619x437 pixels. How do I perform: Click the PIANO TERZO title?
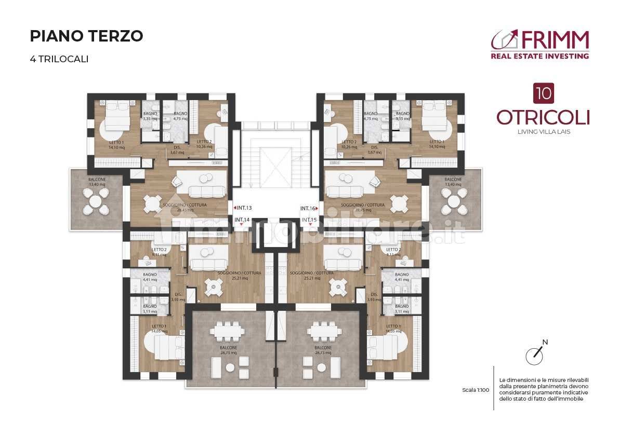pos(86,36)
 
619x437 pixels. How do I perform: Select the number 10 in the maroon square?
pos(543,94)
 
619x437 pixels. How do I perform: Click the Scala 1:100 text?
pos(475,390)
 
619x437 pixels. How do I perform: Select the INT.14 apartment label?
pos(242,220)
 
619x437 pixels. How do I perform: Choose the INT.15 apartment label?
pos(309,220)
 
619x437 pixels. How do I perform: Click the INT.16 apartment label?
pos(309,208)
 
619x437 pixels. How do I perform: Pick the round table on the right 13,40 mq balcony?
pos(454,200)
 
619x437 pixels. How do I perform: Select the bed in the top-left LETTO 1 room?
pos(117,115)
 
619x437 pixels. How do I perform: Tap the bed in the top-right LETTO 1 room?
pos(434,115)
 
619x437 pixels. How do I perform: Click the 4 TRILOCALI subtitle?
pos(59,59)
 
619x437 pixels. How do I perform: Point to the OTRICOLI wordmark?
pos(543,117)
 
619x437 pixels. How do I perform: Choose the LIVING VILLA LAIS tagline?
pos(543,132)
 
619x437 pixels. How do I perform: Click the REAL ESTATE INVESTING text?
pos(539,56)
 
